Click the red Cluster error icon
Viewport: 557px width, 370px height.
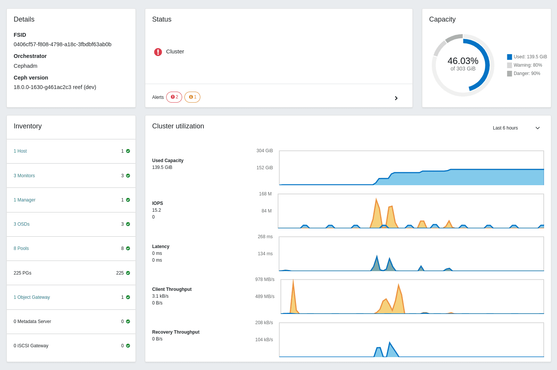click(158, 52)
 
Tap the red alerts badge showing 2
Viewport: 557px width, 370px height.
click(174, 97)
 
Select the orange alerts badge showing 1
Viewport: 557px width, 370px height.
click(192, 97)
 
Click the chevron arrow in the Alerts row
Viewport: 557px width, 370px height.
click(396, 98)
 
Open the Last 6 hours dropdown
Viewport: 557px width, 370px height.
click(516, 128)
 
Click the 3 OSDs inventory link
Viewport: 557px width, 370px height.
click(22, 224)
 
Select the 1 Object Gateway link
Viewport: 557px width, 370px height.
click(32, 297)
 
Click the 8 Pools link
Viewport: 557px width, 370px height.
click(21, 248)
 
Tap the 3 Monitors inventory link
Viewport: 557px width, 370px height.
click(24, 176)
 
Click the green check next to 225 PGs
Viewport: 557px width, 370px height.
click(128, 273)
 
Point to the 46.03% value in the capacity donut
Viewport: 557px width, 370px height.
click(463, 61)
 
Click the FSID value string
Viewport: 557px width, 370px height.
click(63, 44)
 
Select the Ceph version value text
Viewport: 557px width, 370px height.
click(55, 87)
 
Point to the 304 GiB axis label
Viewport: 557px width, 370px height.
click(264, 151)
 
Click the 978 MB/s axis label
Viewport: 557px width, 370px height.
click(265, 279)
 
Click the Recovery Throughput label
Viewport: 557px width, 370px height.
click(176, 332)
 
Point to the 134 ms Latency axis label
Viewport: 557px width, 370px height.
click(265, 254)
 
